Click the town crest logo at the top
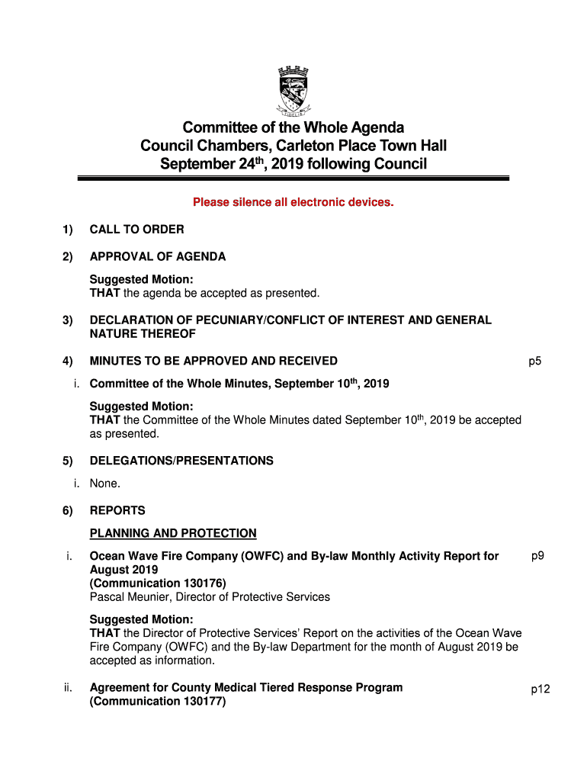pyautogui.click(x=293, y=92)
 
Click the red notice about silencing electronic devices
pyautogui.click(x=293, y=203)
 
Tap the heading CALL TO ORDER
pyautogui.click(x=136, y=230)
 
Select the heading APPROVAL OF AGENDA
pyautogui.click(x=157, y=257)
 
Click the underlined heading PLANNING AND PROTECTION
pyautogui.click(x=173, y=534)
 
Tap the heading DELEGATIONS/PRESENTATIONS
pyautogui.click(x=181, y=461)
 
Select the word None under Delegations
pyautogui.click(x=104, y=484)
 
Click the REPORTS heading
pyautogui.click(x=117, y=511)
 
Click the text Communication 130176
pyautogui.click(x=158, y=583)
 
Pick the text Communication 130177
pyautogui.click(x=158, y=702)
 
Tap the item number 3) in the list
pyautogui.click(x=68, y=320)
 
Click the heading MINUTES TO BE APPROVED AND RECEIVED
pyautogui.click(x=213, y=362)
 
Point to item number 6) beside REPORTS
pyautogui.click(x=68, y=511)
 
